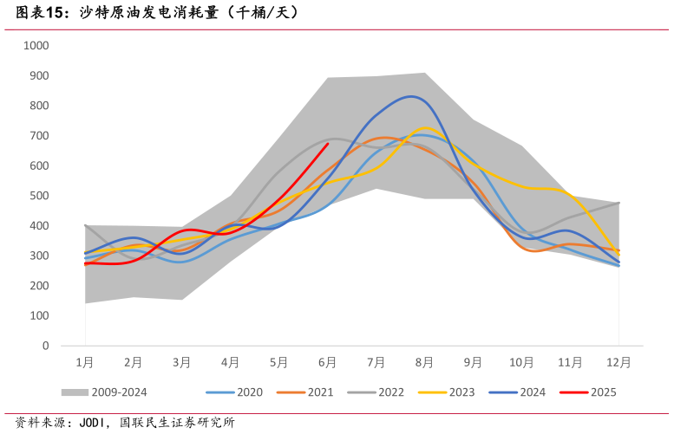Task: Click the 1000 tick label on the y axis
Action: tap(37, 45)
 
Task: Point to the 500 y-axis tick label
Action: tap(40, 196)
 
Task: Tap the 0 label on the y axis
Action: tap(45, 346)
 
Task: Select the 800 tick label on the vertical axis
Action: tap(40, 106)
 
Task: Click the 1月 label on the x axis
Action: tap(85, 363)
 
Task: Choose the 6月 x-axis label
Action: tap(327, 363)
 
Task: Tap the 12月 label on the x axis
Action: tap(618, 363)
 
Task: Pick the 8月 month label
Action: tap(424, 363)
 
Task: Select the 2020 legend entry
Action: tap(250, 392)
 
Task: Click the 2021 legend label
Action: tap(321, 392)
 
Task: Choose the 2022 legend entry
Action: tap(391, 392)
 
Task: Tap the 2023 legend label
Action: tap(462, 392)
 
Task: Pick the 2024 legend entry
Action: tap(533, 392)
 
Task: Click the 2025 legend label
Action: tap(604, 392)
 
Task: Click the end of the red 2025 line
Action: tap(328, 144)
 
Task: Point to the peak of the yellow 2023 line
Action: tap(426, 128)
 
